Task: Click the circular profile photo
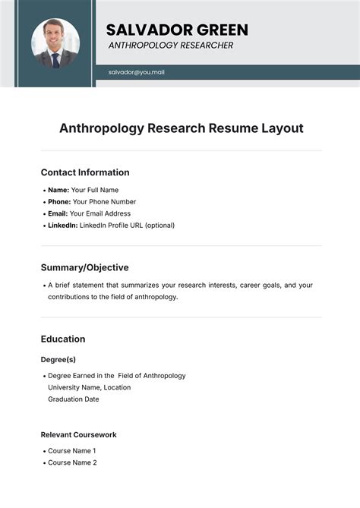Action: coord(55,43)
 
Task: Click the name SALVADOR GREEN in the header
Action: coord(177,30)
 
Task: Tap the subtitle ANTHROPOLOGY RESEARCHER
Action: coord(171,46)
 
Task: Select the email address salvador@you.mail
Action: coord(137,72)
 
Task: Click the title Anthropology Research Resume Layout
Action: coord(181,128)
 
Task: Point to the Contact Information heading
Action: coord(85,172)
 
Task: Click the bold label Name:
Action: coord(58,190)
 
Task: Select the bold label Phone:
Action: coord(59,202)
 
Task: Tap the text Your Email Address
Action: coord(102,213)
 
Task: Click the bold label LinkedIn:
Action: coord(62,226)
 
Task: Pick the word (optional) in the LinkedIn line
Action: coord(159,226)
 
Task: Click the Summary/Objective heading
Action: coord(84,267)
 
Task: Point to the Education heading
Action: coord(63,339)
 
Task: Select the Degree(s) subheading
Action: coord(58,359)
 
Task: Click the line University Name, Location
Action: coord(89,387)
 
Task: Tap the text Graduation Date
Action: coord(74,399)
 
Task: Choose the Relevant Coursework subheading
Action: coord(78,434)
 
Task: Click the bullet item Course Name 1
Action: coord(72,450)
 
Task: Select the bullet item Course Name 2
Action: coord(72,462)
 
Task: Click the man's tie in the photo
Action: coord(55,58)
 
